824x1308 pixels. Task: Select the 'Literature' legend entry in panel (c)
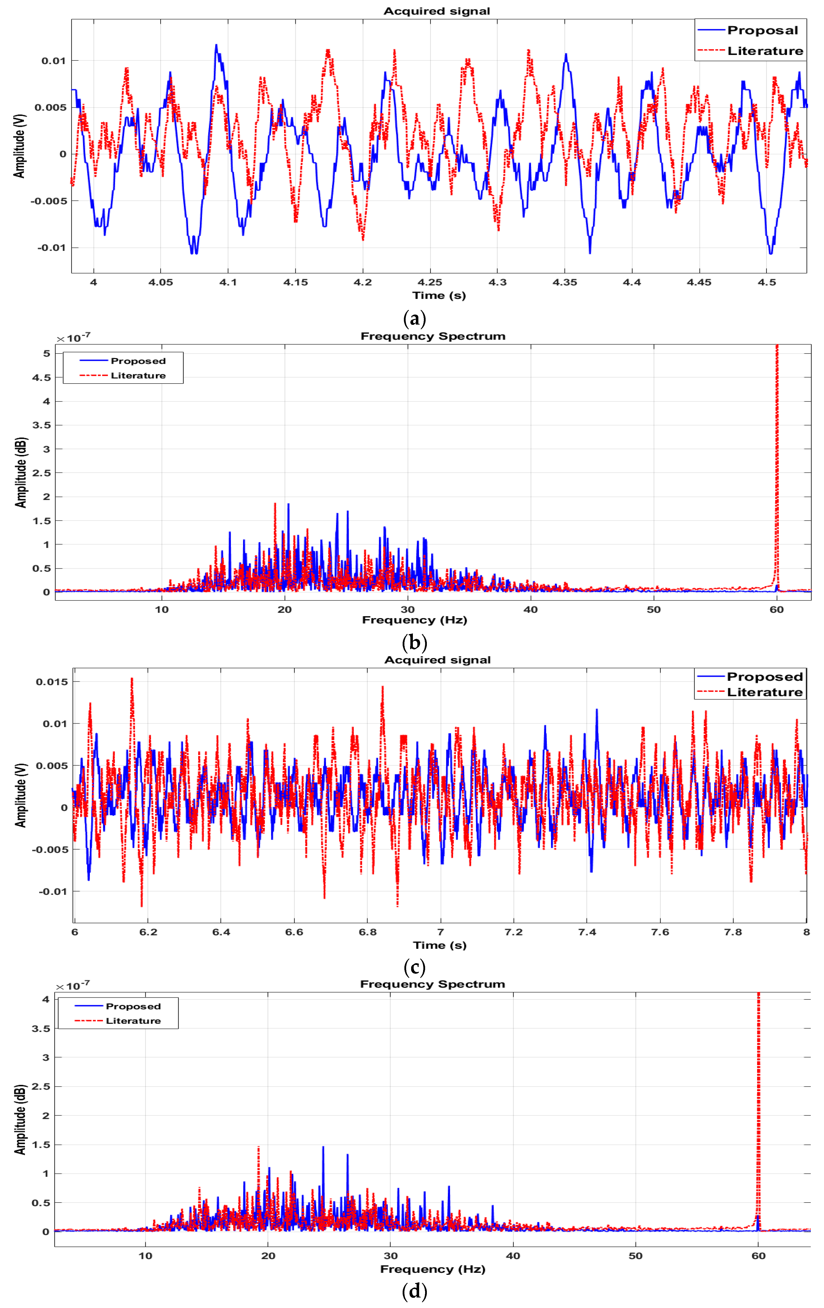click(764, 692)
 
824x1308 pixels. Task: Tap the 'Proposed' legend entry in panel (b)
click(138, 361)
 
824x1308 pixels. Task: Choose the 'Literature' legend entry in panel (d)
click(133, 1021)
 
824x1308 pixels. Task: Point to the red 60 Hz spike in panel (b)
click(777, 462)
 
